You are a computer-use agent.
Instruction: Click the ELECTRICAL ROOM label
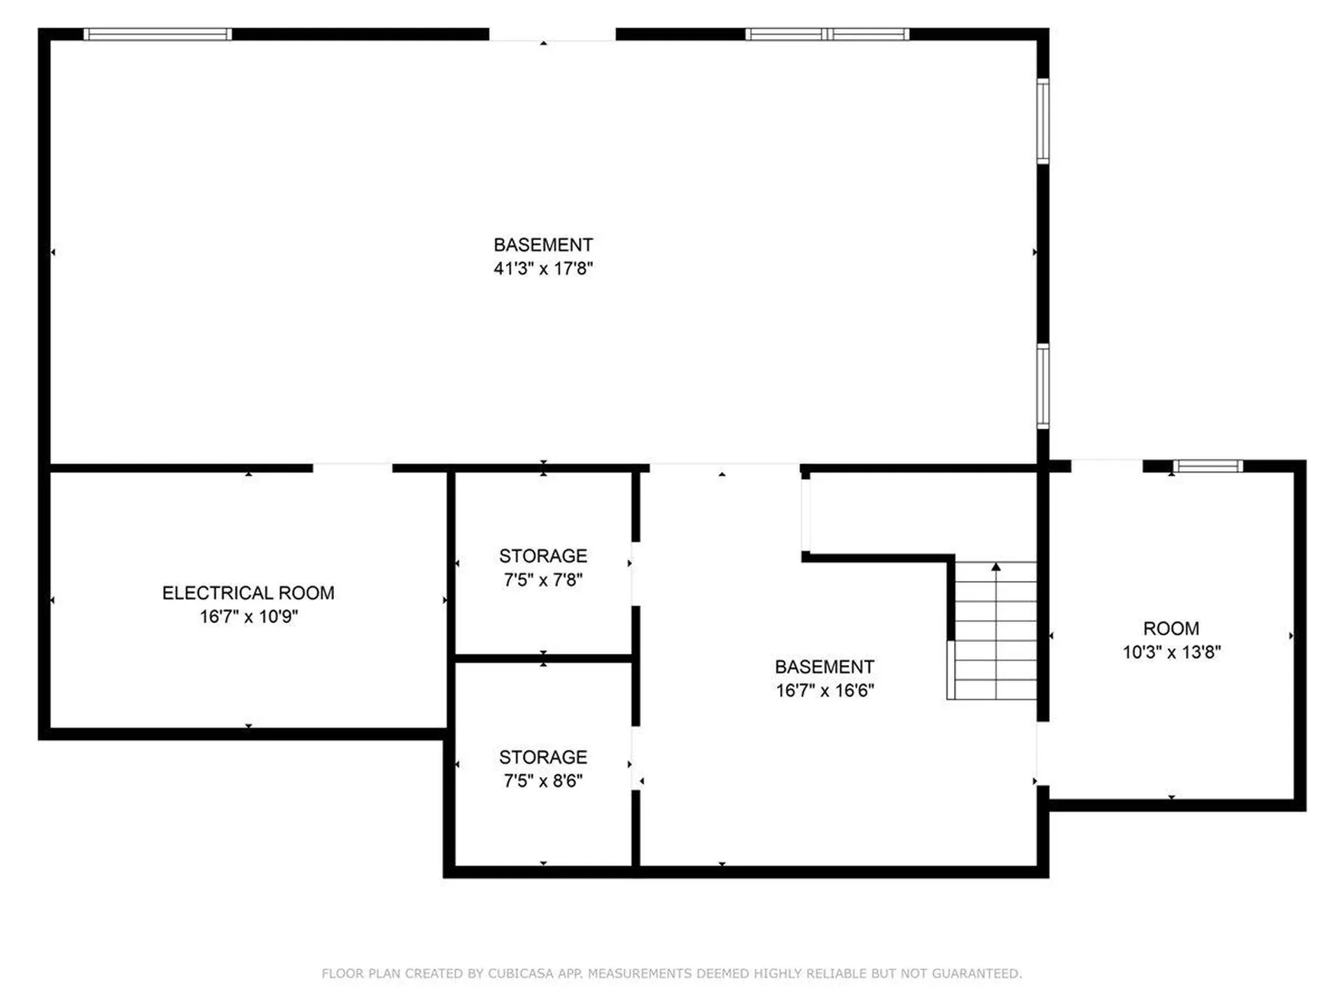[248, 593]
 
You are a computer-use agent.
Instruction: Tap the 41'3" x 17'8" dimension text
[543, 268]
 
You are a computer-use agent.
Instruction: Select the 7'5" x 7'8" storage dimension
[543, 580]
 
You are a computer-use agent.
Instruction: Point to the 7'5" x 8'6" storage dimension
[543, 780]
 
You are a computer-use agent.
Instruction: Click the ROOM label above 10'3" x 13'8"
[1171, 629]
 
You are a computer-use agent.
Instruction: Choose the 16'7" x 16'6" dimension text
[825, 690]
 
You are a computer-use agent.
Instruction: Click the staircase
[992, 630]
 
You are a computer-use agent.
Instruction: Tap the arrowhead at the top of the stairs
[996, 566]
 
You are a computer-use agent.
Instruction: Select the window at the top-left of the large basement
[157, 34]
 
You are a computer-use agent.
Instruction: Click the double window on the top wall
[827, 34]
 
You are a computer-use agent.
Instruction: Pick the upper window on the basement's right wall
[1043, 121]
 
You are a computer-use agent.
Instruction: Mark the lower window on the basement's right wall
[1043, 386]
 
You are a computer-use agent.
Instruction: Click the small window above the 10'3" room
[1208, 466]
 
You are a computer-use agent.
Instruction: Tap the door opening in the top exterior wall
[552, 34]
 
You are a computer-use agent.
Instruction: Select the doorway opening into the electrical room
[352, 468]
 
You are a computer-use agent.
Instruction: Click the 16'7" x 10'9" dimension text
[248, 617]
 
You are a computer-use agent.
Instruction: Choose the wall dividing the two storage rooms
[543, 658]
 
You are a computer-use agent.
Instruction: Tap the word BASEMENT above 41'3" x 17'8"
[543, 245]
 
